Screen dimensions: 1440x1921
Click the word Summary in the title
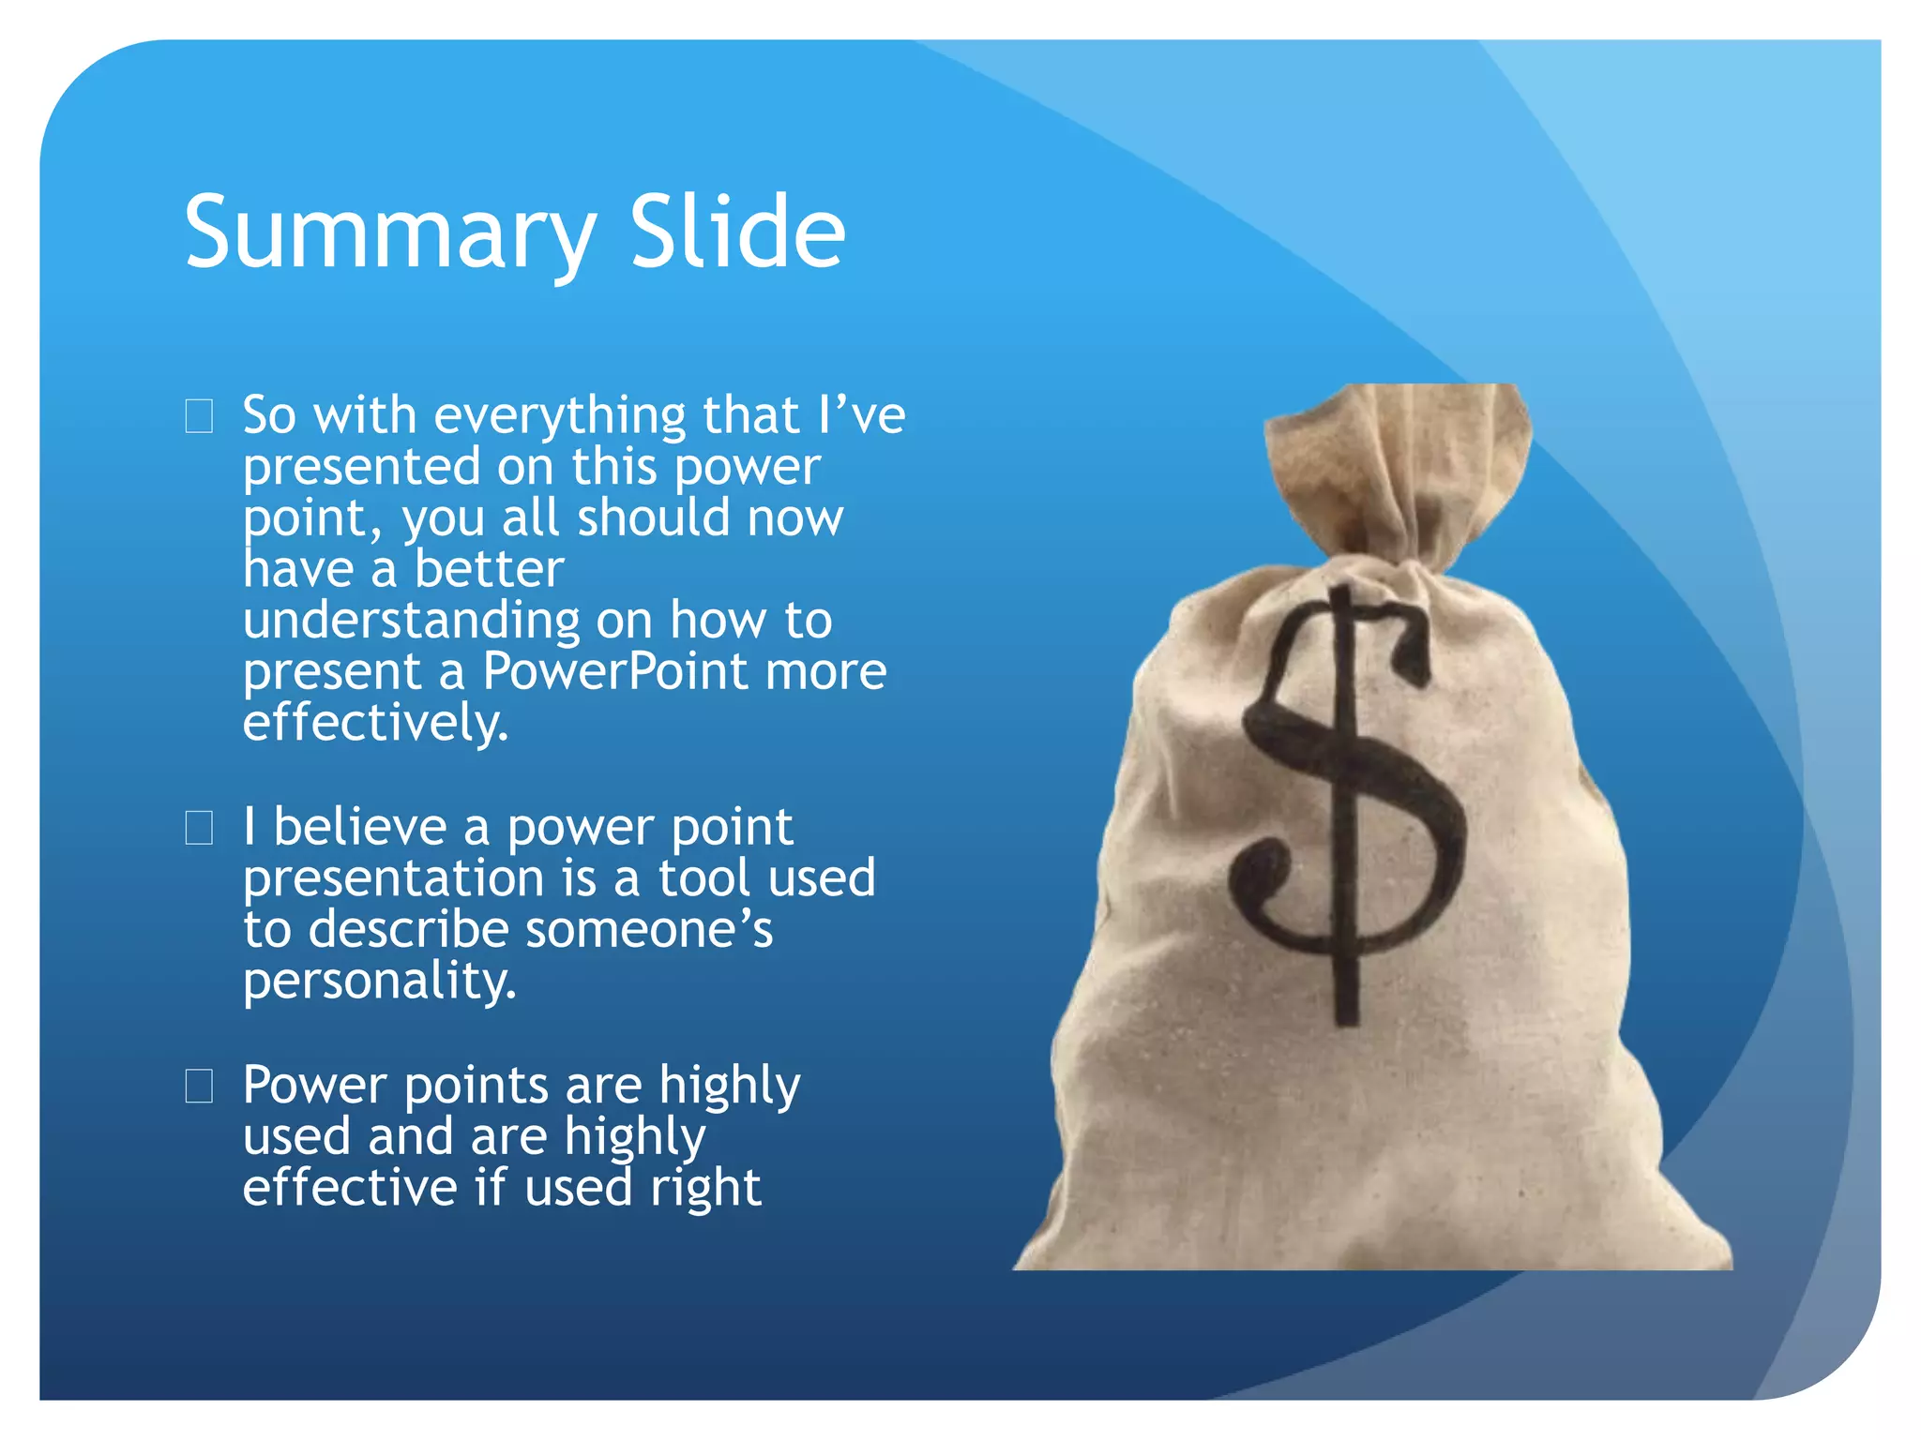click(389, 232)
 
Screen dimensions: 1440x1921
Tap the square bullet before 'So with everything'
click(199, 415)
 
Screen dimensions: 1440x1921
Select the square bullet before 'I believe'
click(199, 828)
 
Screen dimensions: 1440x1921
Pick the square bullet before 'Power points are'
click(199, 1086)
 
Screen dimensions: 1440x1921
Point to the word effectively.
click(374, 723)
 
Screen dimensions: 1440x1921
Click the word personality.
click(379, 981)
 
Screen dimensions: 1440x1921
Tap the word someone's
click(648, 930)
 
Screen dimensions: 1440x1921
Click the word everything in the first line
click(560, 415)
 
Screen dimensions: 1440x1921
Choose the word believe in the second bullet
click(360, 827)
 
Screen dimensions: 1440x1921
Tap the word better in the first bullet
click(489, 569)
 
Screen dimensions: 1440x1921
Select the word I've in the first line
click(861, 415)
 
